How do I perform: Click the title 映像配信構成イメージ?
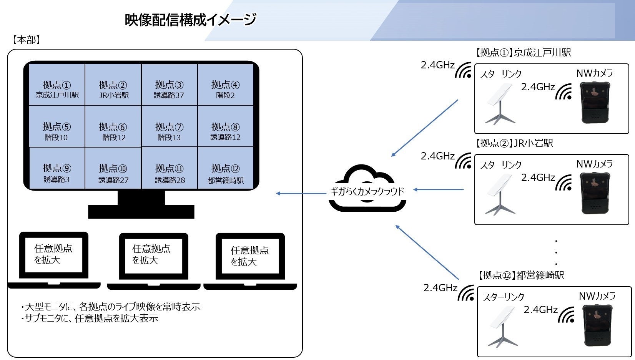[190, 20]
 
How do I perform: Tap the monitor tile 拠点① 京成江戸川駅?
[57, 85]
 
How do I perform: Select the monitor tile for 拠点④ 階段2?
[226, 85]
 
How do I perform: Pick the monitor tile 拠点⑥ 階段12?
[113, 127]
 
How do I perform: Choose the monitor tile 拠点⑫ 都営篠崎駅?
[226, 169]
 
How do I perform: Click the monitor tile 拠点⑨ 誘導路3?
[57, 169]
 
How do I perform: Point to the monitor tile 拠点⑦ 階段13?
[169, 127]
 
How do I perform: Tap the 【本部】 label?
[26, 40]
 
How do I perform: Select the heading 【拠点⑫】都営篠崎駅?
[521, 275]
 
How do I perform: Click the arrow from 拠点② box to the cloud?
[439, 189]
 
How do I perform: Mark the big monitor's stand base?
[141, 212]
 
